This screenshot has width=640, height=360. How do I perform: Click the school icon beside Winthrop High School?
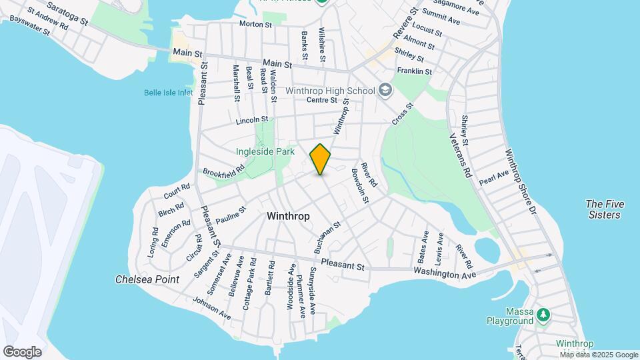[x=385, y=89]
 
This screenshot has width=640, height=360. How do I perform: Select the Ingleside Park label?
[x=265, y=151]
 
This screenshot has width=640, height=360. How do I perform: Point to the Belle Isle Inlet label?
[x=168, y=93]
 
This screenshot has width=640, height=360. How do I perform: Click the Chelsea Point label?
[x=147, y=279]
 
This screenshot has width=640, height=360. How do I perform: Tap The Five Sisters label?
[x=603, y=209]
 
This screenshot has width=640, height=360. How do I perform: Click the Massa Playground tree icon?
[x=545, y=313]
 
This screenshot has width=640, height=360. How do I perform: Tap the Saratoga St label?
[x=66, y=13]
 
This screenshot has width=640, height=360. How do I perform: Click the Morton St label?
[x=256, y=25]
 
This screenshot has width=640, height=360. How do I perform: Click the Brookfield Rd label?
[x=224, y=172]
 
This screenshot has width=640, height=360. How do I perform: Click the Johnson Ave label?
[x=211, y=307]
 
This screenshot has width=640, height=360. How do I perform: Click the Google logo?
[x=22, y=351]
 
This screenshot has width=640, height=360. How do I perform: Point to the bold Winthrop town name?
[x=288, y=216]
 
